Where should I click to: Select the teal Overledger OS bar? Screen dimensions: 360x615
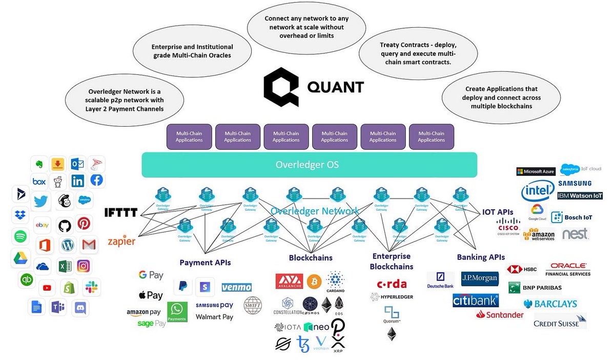pos(310,165)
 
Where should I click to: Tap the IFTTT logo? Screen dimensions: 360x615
pos(121,212)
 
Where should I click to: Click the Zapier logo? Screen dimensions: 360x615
pos(121,241)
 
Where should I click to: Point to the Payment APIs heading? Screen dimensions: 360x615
pos(205,263)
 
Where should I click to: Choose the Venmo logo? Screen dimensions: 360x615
pos(236,287)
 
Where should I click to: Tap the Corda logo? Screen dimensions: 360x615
pos(392,284)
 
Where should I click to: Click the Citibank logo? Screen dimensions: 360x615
pos(475,300)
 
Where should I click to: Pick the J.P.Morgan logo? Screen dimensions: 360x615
pos(479,278)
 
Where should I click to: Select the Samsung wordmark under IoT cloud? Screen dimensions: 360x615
pos(575,183)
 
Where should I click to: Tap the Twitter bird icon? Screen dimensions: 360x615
pos(41,201)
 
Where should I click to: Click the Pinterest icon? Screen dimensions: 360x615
pos(84,224)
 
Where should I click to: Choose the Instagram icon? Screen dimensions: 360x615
pos(84,266)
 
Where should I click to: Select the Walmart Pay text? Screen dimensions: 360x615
pos(214,317)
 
